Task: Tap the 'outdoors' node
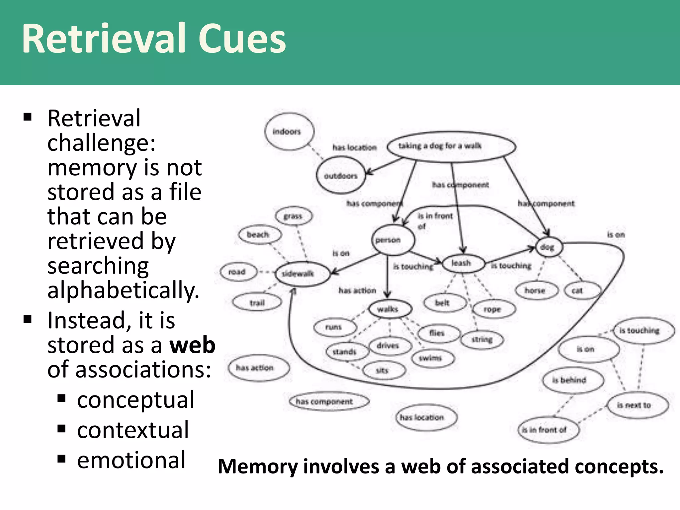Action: (x=341, y=175)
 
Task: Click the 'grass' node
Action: (x=294, y=216)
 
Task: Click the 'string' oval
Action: (x=482, y=339)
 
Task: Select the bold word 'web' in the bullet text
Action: (x=192, y=345)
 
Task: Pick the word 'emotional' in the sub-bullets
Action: (x=131, y=460)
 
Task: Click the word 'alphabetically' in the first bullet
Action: (x=123, y=290)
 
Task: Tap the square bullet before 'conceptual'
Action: (x=61, y=398)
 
